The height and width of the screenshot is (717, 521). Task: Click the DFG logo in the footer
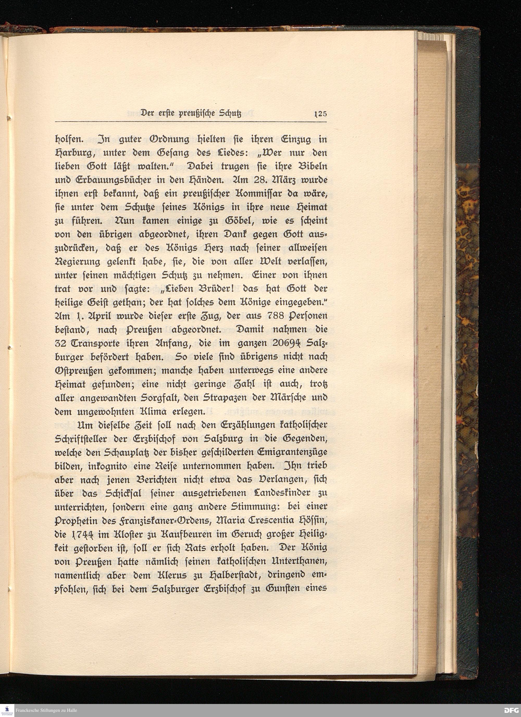pyautogui.click(x=511, y=711)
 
